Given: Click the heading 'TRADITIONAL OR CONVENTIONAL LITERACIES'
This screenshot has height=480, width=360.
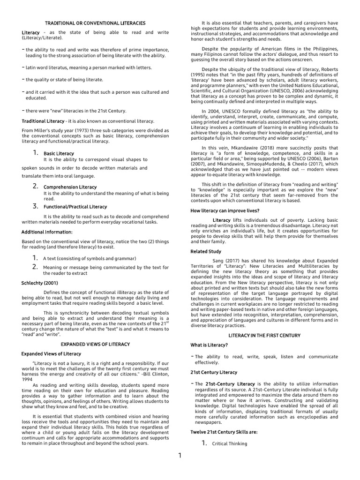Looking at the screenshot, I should coord(95,23).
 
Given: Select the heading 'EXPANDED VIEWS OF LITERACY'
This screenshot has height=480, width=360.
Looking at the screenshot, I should coord(95,344).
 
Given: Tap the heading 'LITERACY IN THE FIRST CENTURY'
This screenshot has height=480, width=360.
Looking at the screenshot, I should coord(264,336).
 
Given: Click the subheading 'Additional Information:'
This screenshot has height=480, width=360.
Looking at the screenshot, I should coord(47,232).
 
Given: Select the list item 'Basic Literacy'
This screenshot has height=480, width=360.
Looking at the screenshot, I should coord(59,153).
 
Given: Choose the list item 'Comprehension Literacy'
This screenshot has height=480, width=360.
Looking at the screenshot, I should coord(70,187).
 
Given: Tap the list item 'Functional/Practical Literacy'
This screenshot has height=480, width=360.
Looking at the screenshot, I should coord(75,206).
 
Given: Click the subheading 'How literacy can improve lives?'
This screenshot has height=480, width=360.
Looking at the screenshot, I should coord(225,210).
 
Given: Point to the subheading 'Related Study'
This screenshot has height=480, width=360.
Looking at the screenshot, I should coord(206,251).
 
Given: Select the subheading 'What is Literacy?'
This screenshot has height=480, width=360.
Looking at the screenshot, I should coord(209,345).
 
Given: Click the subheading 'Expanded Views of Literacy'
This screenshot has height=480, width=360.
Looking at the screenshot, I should coord(51,353).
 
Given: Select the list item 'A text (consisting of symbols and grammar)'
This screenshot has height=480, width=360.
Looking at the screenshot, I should coord(89,258).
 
